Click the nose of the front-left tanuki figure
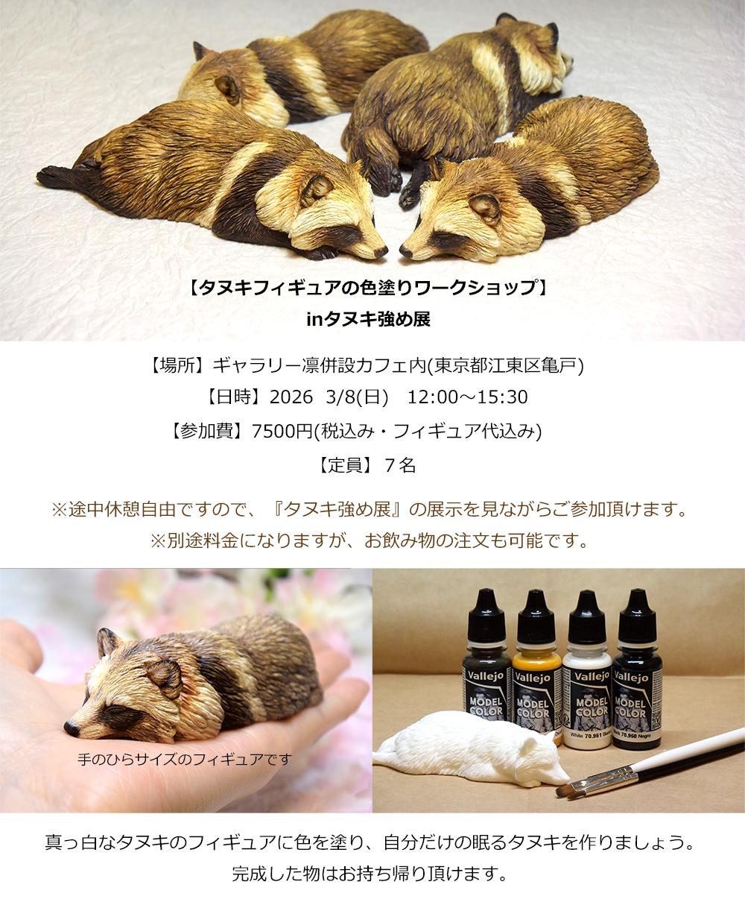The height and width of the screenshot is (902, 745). pos(381,251)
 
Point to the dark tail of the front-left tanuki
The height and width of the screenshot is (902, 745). pos(56,177)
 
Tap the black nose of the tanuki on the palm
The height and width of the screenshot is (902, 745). pos(72,728)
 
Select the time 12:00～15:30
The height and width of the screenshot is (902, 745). pos(467,397)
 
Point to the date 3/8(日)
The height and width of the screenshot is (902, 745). pos(357,397)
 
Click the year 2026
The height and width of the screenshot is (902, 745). pos(291,397)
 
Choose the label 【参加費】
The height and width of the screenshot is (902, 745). pos(211,431)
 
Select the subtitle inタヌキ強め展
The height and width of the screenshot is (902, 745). pos(368,319)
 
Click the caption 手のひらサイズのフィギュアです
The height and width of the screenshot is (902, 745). pos(185,759)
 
